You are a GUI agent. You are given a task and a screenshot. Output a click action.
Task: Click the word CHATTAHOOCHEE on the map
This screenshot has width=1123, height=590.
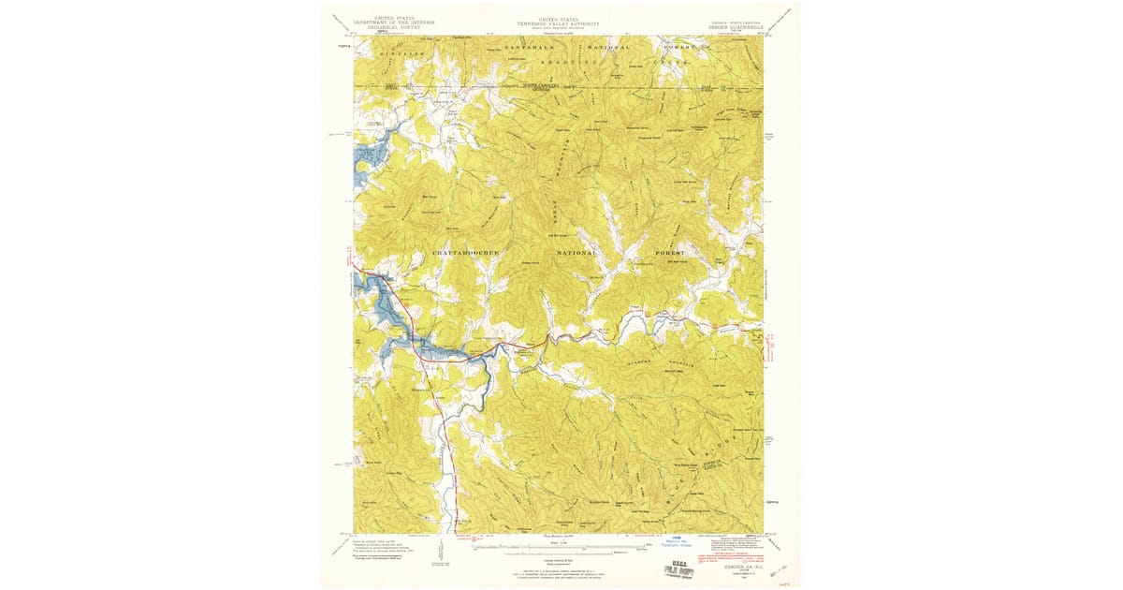pos(466,254)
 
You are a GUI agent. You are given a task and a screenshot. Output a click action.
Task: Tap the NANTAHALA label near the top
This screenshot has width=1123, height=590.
pos(530,46)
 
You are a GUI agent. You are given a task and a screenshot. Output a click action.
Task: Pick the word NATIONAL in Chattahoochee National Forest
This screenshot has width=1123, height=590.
pos(576,254)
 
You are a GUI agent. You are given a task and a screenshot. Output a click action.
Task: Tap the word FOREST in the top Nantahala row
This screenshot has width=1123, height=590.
pos(678,46)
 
